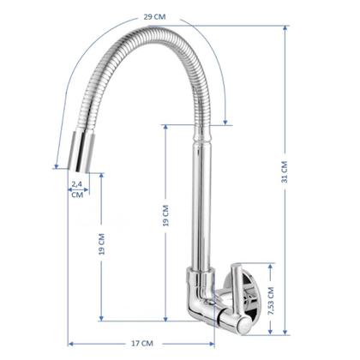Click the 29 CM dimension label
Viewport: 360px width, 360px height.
pos(154,17)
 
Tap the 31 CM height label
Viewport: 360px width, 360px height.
pos(285,172)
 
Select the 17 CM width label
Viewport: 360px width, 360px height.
pos(142,344)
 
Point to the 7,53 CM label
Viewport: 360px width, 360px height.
pos(271,301)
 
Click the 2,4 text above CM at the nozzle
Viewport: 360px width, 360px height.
pos(76,184)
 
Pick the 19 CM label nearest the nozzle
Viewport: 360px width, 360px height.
pos(101,244)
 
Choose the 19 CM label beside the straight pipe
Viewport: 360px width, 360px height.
pos(165,216)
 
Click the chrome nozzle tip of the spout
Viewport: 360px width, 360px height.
pos(82,152)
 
